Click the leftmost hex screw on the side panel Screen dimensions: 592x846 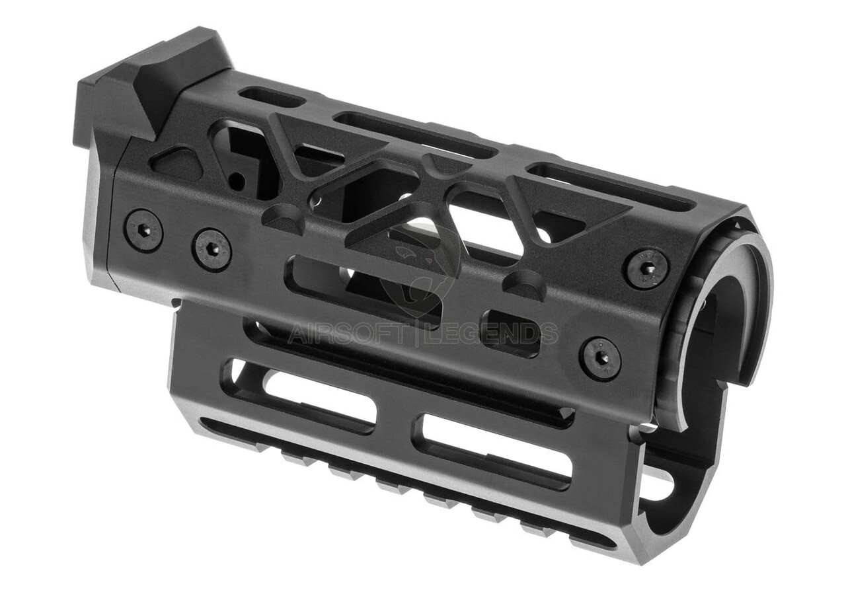(x=143, y=231)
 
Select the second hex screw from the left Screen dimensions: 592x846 (x=211, y=249)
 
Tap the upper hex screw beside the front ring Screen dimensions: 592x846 (x=646, y=268)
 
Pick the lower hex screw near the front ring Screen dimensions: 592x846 (x=600, y=358)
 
